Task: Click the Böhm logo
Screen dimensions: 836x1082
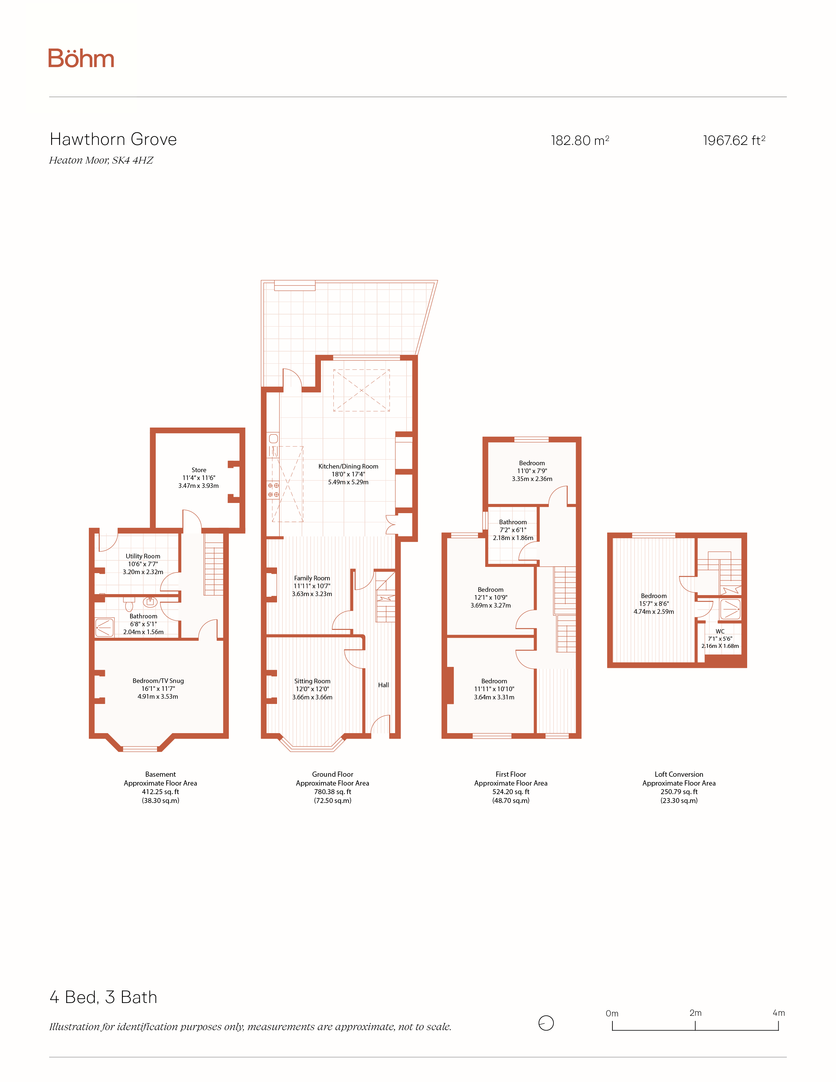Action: pyautogui.click(x=81, y=58)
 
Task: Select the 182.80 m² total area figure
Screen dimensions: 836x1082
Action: pyautogui.click(x=580, y=141)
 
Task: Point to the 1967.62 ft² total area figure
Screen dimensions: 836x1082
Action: pyautogui.click(x=734, y=141)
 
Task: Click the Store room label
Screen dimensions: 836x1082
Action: pyautogui.click(x=199, y=470)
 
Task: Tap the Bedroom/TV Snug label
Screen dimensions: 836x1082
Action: pyautogui.click(x=158, y=681)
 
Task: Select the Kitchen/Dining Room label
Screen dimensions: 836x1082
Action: pyautogui.click(x=348, y=466)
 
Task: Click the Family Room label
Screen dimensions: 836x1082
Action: pyautogui.click(x=312, y=578)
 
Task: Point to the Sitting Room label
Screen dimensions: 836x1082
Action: pyautogui.click(x=312, y=681)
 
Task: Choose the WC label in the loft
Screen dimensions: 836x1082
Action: pyautogui.click(x=720, y=631)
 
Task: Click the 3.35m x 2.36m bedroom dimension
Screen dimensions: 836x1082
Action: pyautogui.click(x=532, y=479)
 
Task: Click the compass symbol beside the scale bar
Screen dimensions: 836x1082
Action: pyautogui.click(x=546, y=1023)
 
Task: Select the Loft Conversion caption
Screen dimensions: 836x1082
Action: pyautogui.click(x=679, y=774)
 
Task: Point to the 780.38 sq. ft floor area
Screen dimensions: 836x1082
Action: pyautogui.click(x=332, y=792)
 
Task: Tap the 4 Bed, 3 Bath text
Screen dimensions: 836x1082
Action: pyautogui.click(x=104, y=997)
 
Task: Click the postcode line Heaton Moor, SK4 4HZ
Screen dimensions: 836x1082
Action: pyautogui.click(x=101, y=160)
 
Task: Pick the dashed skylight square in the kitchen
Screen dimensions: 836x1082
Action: pyautogui.click(x=362, y=391)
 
